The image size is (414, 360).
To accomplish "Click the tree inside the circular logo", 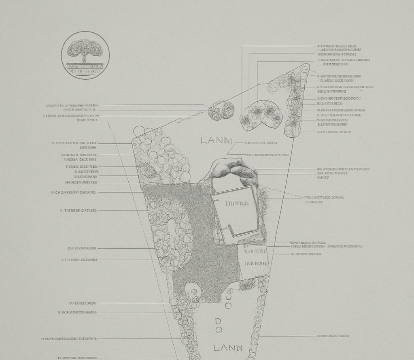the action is pos(85,49).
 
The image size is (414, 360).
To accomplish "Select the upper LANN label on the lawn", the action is pos(217,141).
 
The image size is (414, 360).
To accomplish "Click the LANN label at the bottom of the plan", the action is pos(228,348).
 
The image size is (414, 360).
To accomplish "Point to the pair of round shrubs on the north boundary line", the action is pos(221,111).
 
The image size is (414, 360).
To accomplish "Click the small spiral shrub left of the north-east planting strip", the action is pos(272,87).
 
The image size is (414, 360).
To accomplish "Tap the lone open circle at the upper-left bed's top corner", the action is pos(139,131).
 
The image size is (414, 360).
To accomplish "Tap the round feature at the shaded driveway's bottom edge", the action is pos(193,291).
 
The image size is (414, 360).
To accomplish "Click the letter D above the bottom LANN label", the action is pos(218,321).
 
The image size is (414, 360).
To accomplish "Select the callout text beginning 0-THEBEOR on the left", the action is pos(79,211).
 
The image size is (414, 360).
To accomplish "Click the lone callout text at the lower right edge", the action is pos(333,336).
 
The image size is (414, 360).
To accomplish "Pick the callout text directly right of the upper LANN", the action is pos(261,143).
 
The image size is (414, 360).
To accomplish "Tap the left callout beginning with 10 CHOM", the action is pos(73,192).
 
